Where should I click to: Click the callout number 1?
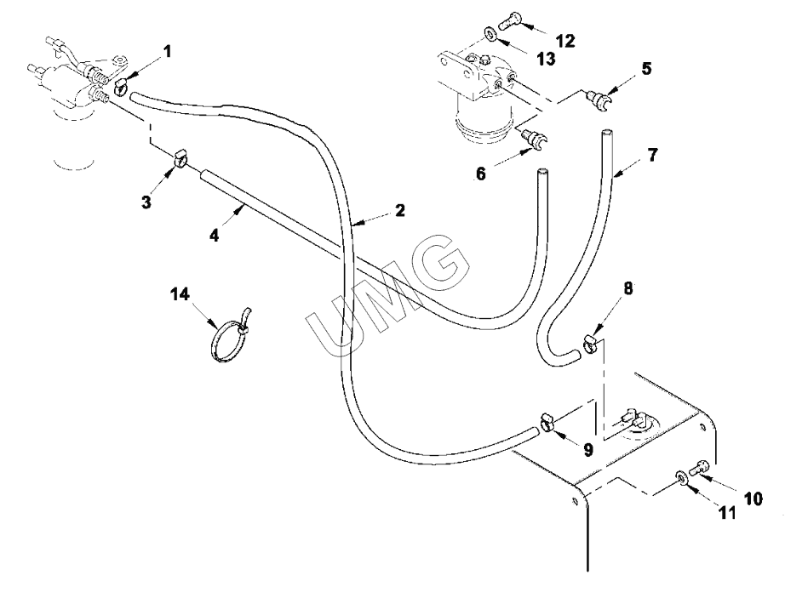(167, 51)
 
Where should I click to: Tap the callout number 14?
(180, 294)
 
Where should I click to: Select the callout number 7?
(652, 155)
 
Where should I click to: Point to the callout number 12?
(565, 41)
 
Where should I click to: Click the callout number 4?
(215, 235)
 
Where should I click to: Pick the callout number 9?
(588, 450)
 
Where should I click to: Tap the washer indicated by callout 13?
(489, 34)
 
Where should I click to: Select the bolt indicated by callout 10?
(700, 468)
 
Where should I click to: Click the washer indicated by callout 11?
(681, 476)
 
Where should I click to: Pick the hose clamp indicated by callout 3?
(180, 157)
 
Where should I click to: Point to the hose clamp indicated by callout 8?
(590, 344)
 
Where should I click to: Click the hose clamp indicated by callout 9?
(547, 422)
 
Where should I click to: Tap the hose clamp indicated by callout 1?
(121, 88)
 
